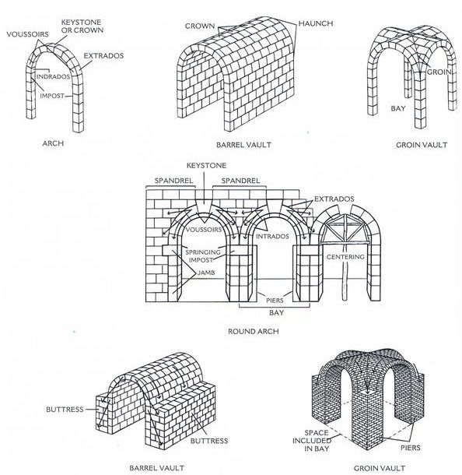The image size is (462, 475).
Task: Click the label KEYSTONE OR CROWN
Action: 82,26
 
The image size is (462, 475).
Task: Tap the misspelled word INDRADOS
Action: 53,76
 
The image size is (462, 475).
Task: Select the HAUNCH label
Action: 316,23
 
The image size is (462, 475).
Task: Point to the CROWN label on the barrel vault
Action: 200,26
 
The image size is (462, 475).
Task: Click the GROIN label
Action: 439,72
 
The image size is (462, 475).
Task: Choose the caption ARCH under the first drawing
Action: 53,143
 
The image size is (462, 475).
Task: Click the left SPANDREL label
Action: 173,181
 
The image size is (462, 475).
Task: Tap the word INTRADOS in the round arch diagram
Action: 272,236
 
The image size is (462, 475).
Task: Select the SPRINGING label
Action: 203,252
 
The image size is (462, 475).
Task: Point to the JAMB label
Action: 206,273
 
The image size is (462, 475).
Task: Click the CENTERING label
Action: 345,257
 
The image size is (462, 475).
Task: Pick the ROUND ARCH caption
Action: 254,332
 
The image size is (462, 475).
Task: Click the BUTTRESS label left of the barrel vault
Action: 65,410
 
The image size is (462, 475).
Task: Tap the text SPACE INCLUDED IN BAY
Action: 312,441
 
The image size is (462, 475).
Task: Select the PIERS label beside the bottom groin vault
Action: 411,448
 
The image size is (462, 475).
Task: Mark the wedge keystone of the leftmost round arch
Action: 203,206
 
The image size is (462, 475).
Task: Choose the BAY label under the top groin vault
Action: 398,108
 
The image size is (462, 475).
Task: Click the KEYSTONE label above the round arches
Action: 206,165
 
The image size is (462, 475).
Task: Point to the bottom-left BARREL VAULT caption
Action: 156,468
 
